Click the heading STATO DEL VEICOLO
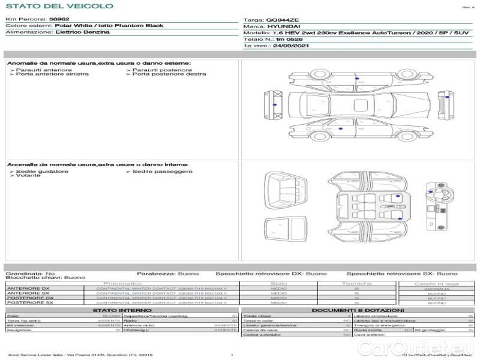coord(59,6)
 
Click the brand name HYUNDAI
coord(281,26)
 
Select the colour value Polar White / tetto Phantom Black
coord(109,26)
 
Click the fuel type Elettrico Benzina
coord(82,32)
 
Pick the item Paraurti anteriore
coord(41,70)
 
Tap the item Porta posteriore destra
coord(169,74)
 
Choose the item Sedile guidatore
coord(40,171)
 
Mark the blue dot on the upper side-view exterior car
coord(356,79)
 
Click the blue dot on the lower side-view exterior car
coord(341,128)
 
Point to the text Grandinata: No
coord(30,273)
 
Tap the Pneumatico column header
coord(122,283)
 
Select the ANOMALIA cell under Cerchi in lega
coord(436,289)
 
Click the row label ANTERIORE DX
coord(28,289)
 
